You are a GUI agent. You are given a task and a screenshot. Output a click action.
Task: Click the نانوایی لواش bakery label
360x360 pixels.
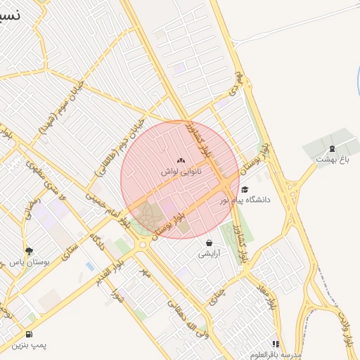[181, 171]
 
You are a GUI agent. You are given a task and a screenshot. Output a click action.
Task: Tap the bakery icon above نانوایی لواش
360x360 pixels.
[181, 161]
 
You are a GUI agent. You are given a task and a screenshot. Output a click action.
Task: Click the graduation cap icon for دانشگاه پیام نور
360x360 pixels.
[245, 190]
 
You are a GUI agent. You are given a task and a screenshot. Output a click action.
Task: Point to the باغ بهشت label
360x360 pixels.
[332, 159]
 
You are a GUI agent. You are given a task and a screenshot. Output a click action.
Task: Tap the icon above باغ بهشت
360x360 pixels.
[332, 148]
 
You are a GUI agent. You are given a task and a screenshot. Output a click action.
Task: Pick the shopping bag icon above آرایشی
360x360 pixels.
[210, 243]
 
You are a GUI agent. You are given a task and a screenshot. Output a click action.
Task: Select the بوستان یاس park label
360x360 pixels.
[29, 261]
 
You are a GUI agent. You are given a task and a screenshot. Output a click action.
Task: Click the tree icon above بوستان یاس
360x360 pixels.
[29, 250]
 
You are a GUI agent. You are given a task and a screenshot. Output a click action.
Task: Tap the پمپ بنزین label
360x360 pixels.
[29, 345]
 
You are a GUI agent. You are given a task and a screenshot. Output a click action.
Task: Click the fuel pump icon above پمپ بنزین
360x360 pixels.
[29, 334]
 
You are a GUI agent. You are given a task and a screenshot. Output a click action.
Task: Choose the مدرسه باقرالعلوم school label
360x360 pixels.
[276, 354]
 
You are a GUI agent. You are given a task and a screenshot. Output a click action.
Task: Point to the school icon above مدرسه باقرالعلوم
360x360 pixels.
[276, 345]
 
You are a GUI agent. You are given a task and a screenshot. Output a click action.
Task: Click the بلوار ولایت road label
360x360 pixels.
[345, 328]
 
